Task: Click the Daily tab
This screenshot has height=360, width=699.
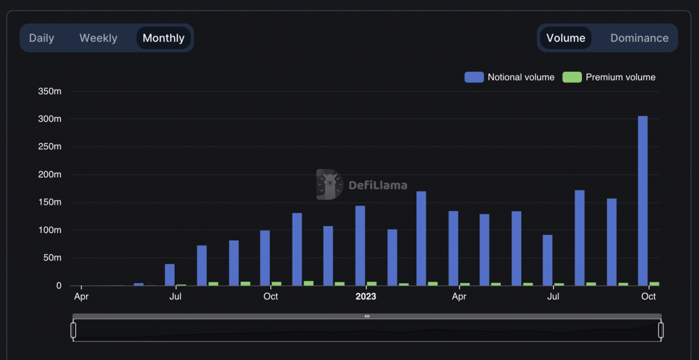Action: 41,38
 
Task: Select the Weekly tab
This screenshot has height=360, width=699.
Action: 98,38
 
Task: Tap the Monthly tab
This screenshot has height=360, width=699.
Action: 163,38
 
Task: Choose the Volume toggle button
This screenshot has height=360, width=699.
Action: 566,38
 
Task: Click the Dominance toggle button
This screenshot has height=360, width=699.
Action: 639,38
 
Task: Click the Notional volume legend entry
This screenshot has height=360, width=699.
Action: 509,77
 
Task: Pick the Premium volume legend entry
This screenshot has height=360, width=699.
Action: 609,77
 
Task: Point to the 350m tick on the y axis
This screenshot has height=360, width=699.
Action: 50,91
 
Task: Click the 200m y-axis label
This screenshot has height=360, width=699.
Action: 50,175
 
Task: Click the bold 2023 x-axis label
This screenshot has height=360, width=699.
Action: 366,297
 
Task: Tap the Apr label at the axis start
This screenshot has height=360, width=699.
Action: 81,297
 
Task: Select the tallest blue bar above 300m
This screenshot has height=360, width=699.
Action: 643,201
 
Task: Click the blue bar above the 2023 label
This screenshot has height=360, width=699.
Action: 360,246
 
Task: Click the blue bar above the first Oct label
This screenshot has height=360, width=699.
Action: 265,258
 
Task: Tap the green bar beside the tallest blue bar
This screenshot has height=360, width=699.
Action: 654,284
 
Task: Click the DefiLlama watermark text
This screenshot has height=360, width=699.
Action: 378,185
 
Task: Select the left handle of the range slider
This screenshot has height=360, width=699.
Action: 73,330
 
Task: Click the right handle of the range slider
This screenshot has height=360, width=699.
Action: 661,330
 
